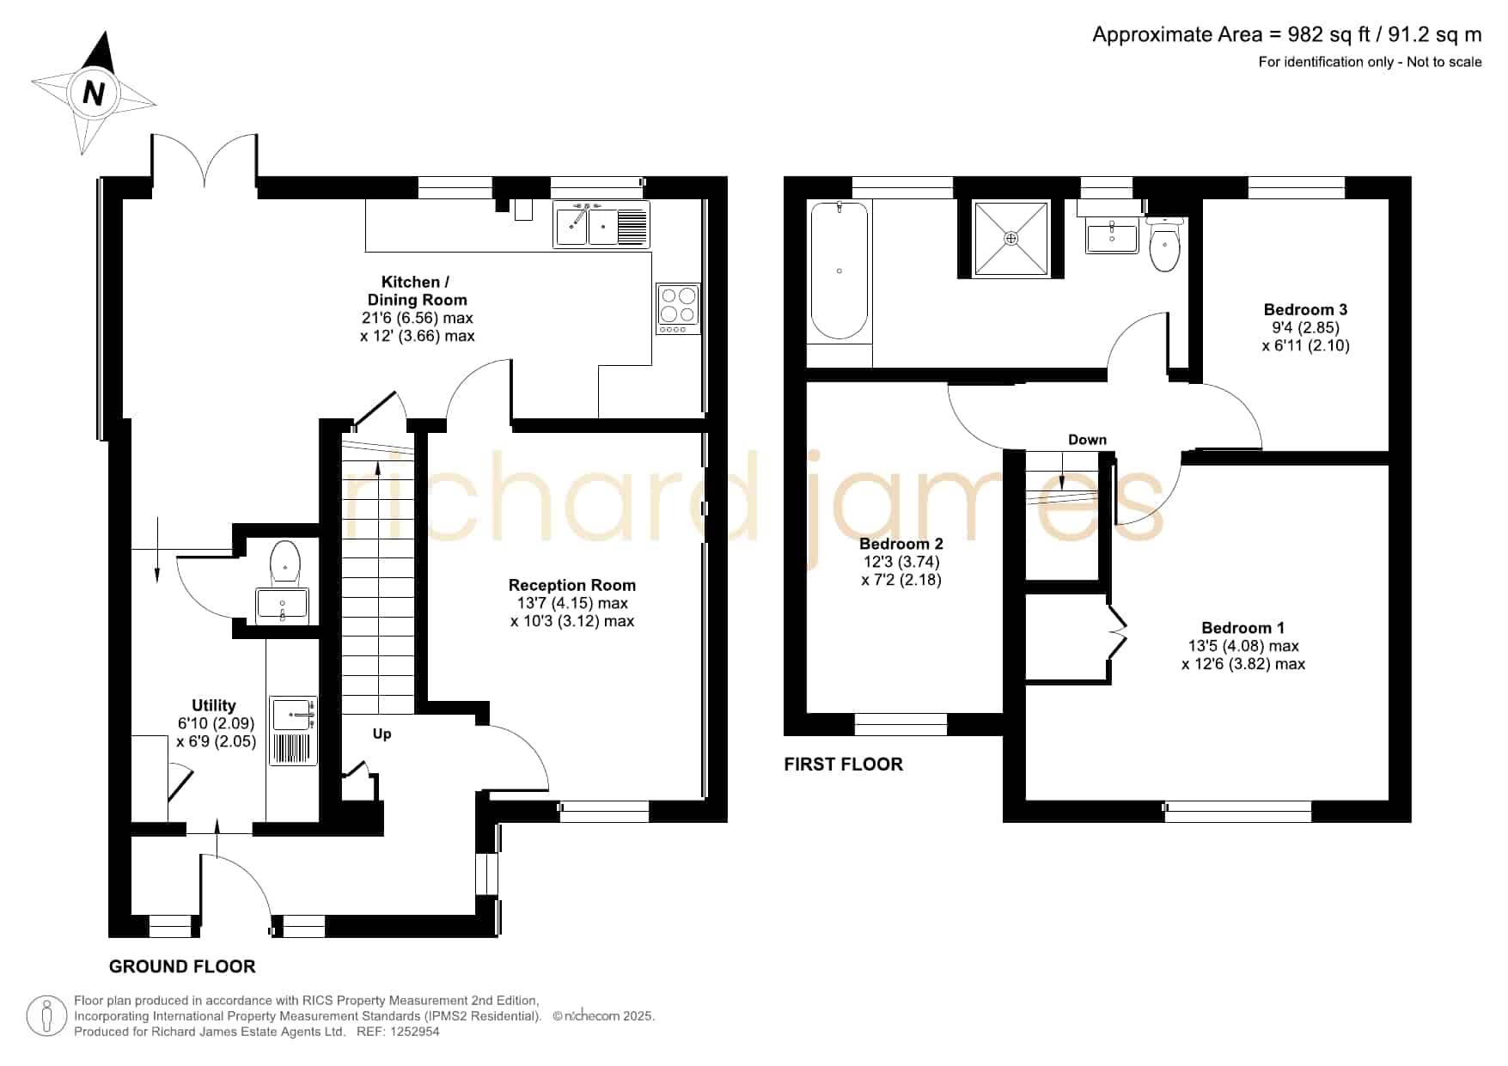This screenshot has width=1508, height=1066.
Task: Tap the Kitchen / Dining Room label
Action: [417, 290]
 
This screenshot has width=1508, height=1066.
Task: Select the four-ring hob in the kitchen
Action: [678, 308]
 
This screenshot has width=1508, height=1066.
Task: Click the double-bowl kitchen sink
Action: [601, 224]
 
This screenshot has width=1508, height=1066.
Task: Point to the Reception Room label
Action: [572, 585]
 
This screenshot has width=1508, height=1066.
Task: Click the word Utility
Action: [214, 705]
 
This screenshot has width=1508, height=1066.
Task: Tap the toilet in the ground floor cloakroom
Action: [284, 562]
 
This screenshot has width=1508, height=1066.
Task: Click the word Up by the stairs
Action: [382, 734]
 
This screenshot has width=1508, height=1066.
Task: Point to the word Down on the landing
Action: [1087, 440]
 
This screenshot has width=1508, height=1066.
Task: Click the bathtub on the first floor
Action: [839, 271]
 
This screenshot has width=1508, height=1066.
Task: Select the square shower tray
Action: [1010, 239]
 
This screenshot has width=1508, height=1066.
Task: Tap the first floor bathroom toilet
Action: [1164, 243]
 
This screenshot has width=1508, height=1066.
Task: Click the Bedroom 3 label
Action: [1305, 309]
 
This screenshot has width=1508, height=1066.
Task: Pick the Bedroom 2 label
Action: [901, 544]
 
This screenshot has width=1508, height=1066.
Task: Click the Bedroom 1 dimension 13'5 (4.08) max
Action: [1243, 646]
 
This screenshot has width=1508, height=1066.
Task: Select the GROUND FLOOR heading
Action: [182, 966]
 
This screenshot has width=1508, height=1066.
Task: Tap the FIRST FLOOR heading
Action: [843, 764]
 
